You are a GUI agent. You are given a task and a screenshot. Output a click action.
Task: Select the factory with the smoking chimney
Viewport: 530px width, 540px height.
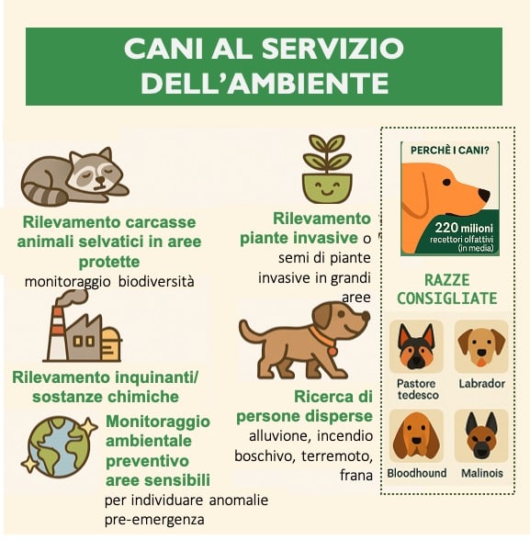pos(82,330)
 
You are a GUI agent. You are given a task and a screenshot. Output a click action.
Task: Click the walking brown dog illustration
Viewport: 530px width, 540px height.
pos(303,339)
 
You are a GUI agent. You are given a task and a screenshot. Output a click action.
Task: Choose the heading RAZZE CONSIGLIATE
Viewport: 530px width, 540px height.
pos(448,288)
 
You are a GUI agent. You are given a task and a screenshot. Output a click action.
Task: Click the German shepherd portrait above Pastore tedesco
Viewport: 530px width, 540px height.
pos(416,346)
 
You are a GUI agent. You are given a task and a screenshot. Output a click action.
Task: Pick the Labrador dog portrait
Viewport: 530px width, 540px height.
pos(481,346)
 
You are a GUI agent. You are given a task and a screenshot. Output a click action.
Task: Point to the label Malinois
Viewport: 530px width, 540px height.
pos(482,473)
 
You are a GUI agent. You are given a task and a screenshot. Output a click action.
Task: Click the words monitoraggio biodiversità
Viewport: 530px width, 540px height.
pos(110,282)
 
